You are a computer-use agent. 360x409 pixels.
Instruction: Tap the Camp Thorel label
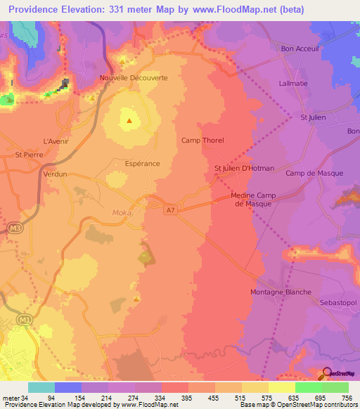point(202,141)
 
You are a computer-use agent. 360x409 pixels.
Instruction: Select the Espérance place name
point(142,163)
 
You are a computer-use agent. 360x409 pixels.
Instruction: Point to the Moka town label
point(122,212)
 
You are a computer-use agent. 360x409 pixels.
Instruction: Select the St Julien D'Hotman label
point(244,168)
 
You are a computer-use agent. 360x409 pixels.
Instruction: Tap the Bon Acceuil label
point(300,48)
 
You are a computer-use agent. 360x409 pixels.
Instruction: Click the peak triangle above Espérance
point(129,120)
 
